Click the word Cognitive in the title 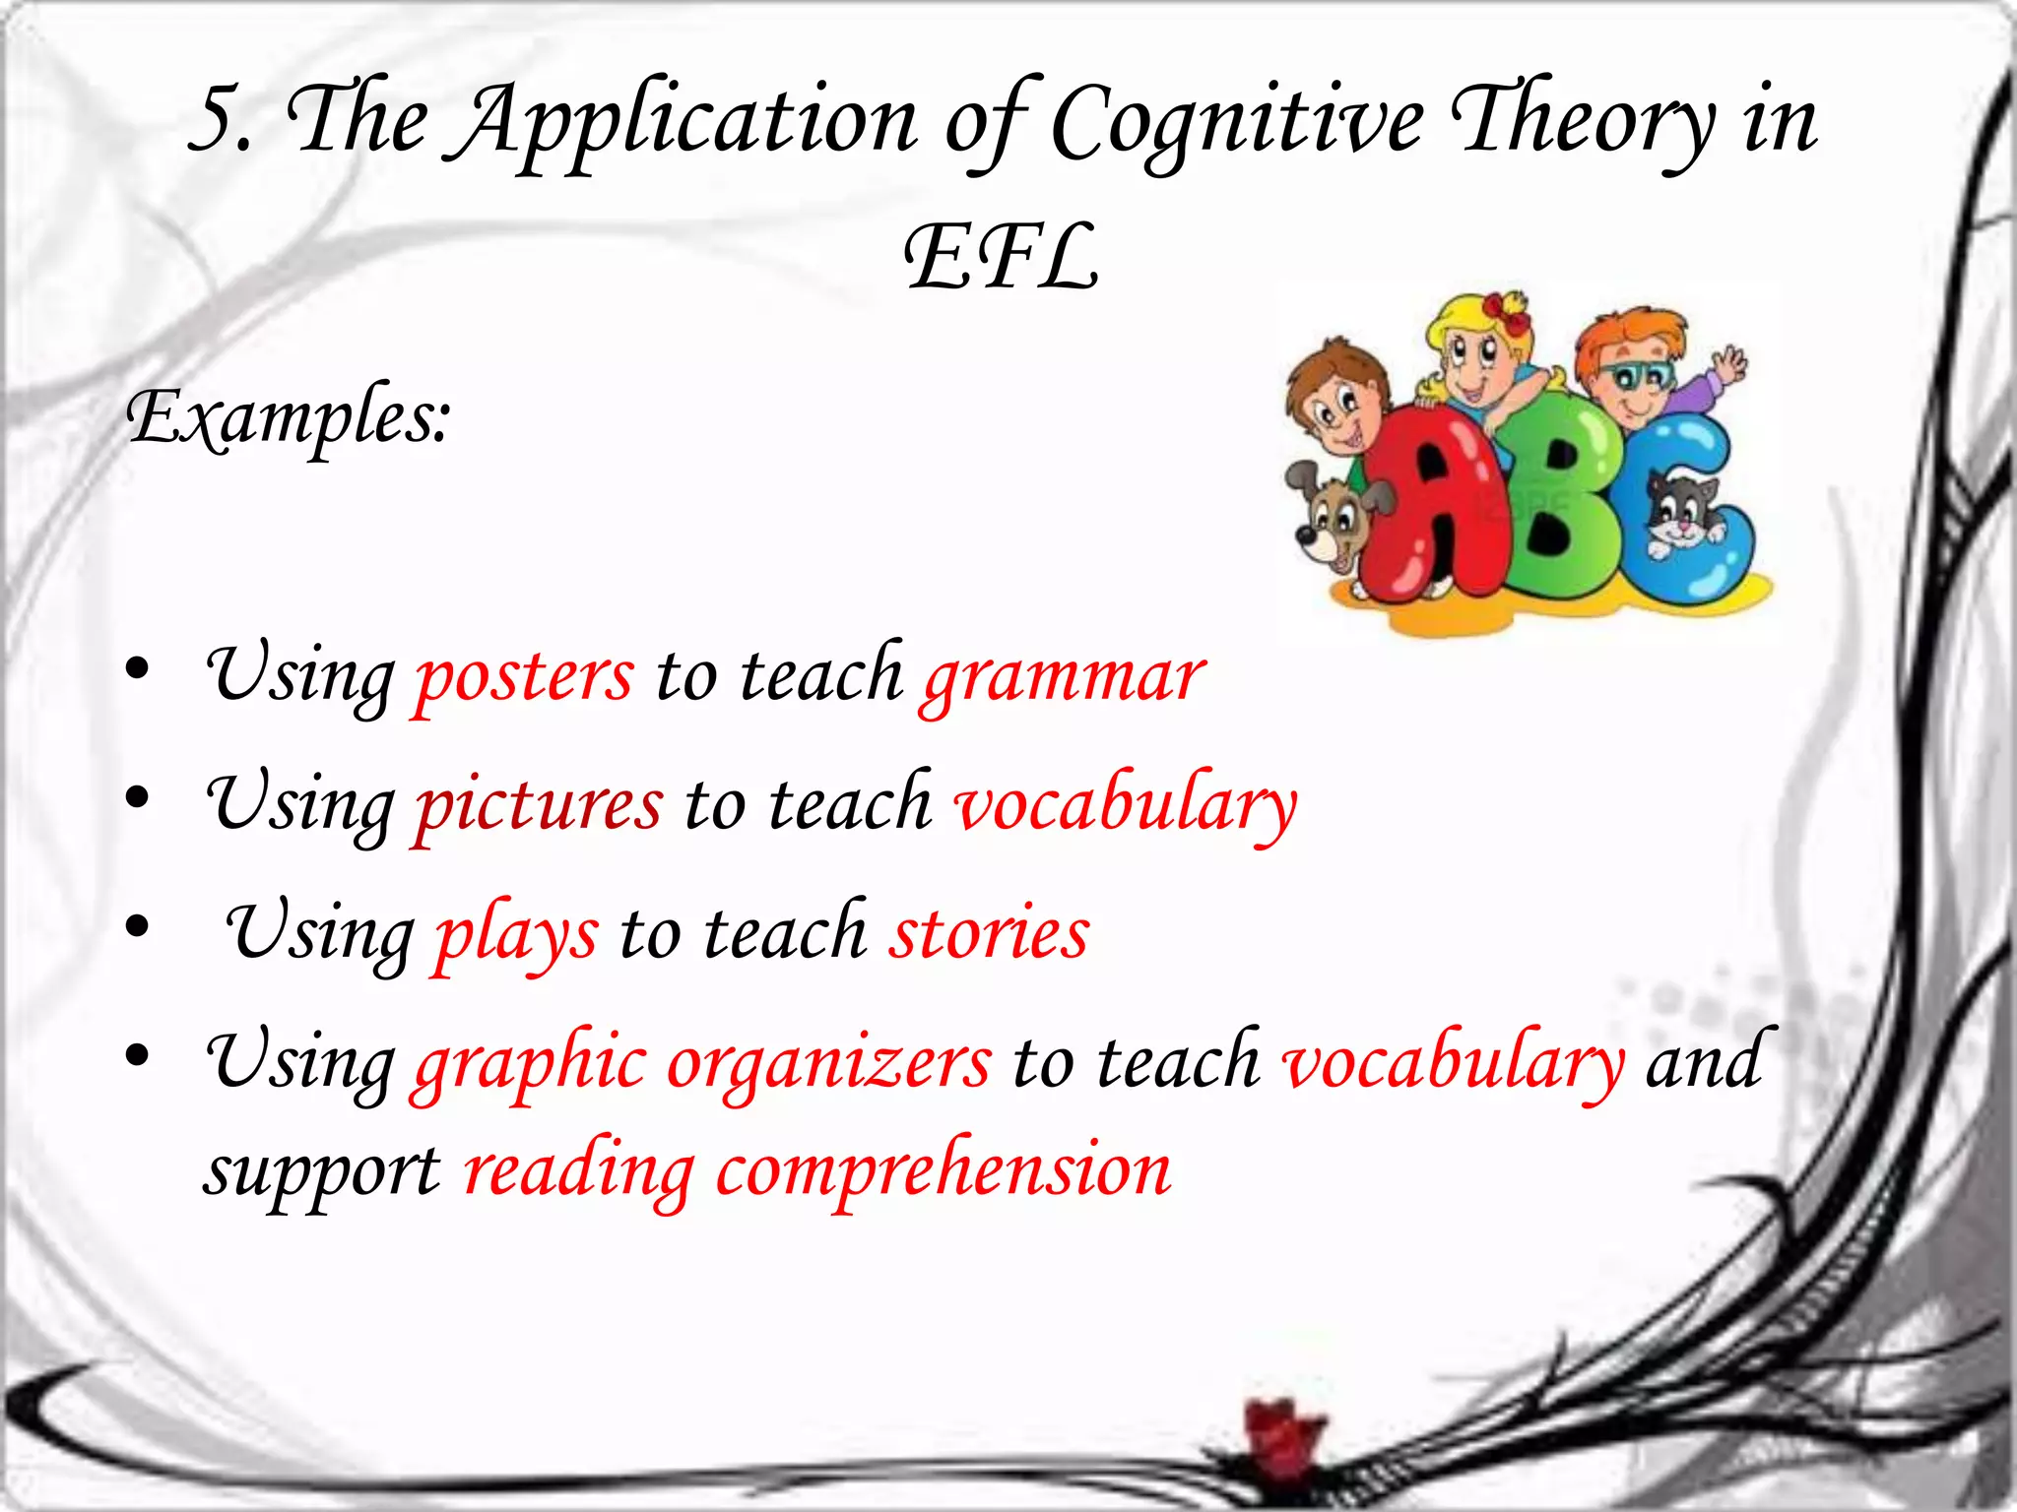coord(1237,123)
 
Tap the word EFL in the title coord(1001,258)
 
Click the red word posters coord(524,677)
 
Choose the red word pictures coord(539,805)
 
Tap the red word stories coord(990,933)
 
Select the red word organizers coord(829,1063)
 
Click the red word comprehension coord(943,1171)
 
